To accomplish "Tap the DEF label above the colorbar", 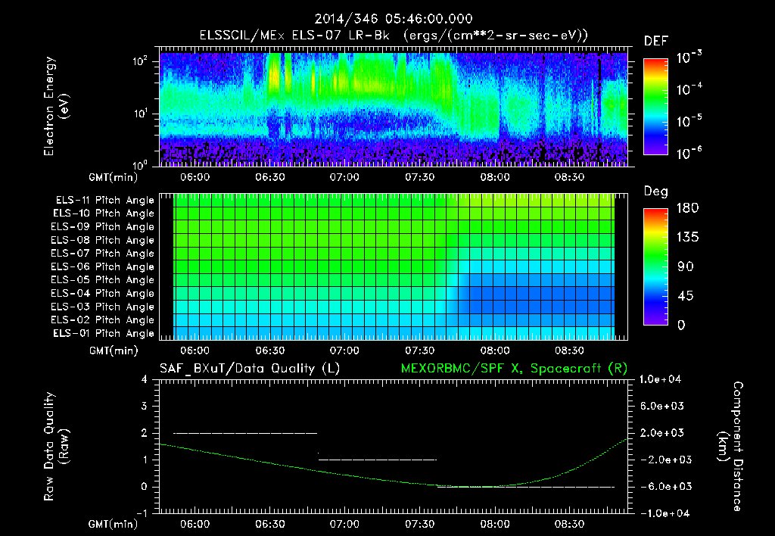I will point(655,42).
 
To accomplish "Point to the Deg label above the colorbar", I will point(655,192).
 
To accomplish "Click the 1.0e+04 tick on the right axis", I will point(662,379).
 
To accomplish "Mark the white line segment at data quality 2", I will point(245,433).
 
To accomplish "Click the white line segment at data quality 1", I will point(378,460).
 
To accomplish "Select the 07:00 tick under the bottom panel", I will point(344,524).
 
